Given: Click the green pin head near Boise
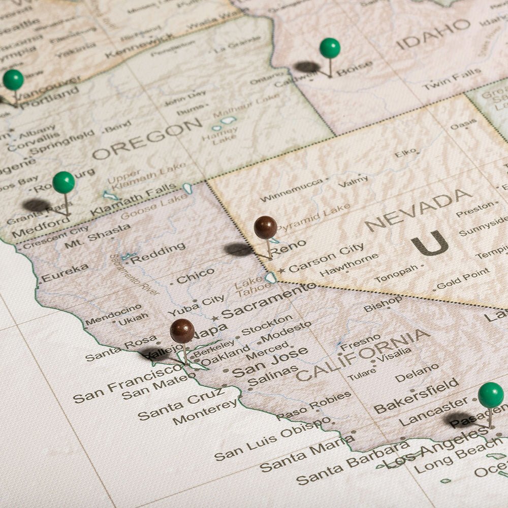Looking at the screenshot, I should coord(330,48).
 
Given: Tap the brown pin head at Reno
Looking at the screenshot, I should coord(265,227).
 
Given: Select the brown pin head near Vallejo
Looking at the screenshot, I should coord(182,331).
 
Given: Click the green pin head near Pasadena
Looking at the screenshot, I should coord(491,395).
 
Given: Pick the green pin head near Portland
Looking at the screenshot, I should coord(13,80).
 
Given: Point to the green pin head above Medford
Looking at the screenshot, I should coord(63,182).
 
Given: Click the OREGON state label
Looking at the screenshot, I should coord(147,138).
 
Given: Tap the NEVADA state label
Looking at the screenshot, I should coord(418,209).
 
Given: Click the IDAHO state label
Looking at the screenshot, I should coord(433,33).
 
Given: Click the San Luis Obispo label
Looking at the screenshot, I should coord(271,438).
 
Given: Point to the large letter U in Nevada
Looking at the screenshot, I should coord(430,243).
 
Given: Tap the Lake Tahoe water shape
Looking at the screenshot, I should coord(271,277).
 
